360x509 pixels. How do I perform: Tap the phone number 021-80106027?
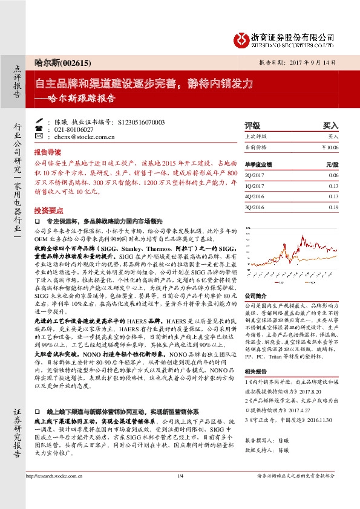pos(74,130)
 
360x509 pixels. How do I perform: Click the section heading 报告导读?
pos(47,152)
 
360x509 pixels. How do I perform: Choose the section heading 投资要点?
pos(47,210)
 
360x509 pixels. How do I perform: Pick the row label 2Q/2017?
pos(255,175)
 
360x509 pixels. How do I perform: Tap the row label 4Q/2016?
pos(255,196)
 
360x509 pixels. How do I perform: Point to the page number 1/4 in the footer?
pos(180,494)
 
